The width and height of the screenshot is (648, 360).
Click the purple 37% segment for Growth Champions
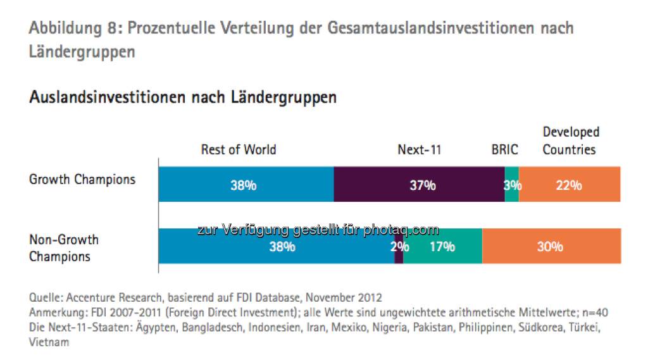coord(419,185)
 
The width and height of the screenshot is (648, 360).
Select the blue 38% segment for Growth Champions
coord(246,185)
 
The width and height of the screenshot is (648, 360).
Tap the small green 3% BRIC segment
coord(512,185)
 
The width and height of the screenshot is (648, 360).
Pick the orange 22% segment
coord(570,185)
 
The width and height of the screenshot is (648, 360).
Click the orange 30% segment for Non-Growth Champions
coord(551,247)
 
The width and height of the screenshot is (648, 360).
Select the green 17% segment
coord(443,247)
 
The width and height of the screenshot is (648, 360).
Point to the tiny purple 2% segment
coord(399,247)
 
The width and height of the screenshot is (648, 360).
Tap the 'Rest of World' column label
coord(239,150)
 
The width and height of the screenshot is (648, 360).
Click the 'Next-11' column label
coord(419,150)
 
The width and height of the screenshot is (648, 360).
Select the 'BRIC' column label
coord(504,150)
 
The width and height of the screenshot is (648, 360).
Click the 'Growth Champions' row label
coord(82,179)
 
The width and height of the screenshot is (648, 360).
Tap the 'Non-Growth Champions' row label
coord(64,248)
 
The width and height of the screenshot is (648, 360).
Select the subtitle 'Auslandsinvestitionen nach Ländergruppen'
coord(182,97)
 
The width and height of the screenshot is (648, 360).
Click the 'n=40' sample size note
coord(595,313)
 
